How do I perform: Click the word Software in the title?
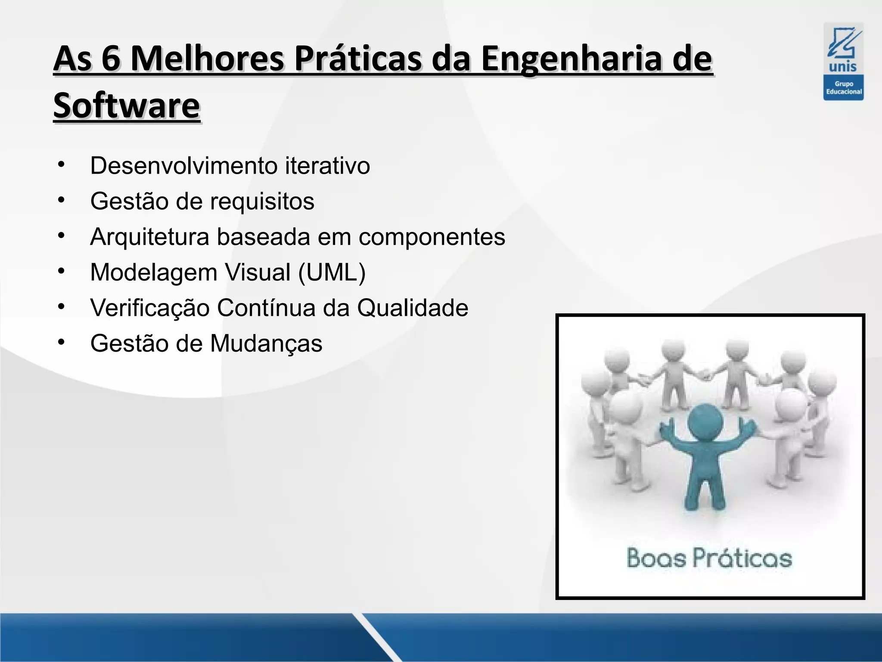pos(127,106)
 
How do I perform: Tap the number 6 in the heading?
pos(111,59)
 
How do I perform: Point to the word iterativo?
pos(327,165)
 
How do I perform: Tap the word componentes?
pos(432,237)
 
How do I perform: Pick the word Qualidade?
pos(413,308)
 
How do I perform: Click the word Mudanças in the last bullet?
pos(266,343)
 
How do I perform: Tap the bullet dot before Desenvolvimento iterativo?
pos(61,164)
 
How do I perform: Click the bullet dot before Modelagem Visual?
pos(61,271)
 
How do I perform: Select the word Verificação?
pos(149,308)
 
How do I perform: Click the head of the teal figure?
pos(705,420)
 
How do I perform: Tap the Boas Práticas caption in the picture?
pos(709,559)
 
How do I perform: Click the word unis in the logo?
pos(843,67)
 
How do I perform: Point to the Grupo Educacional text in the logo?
pos(844,88)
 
